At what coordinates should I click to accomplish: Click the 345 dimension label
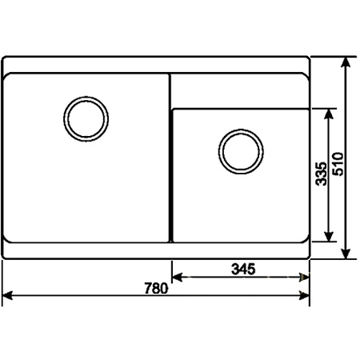[241, 269]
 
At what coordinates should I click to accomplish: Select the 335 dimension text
[320, 174]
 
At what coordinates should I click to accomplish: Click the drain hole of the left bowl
[83, 118]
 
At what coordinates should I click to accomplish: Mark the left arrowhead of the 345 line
[177, 278]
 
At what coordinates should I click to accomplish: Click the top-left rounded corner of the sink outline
[6, 60]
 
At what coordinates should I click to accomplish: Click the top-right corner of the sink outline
[309, 58]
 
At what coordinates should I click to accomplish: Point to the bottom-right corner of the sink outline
[309, 258]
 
